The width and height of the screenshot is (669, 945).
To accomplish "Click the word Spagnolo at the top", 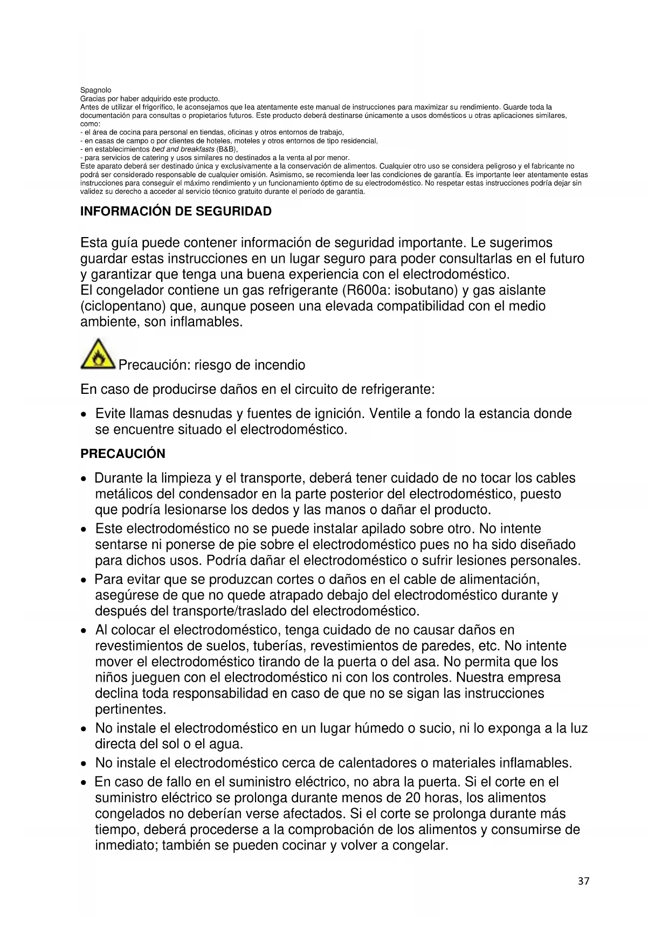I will pos(95,90).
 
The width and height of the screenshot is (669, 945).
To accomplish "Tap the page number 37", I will pos(583,881).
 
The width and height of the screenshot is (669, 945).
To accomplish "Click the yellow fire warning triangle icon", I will pos(98,355).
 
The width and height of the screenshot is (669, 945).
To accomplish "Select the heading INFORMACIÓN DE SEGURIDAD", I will pos(176,211).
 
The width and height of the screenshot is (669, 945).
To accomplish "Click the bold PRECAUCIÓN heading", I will pos(123,454).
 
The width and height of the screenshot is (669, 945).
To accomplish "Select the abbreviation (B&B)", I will pos(226,149).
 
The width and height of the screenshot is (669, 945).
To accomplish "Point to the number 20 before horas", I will pos(412,798).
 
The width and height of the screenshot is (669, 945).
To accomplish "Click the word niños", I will pos(111,678).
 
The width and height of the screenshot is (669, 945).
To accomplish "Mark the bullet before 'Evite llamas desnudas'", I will pos(84,415).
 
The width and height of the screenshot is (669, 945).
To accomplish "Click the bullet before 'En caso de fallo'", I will pos(84,783).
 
